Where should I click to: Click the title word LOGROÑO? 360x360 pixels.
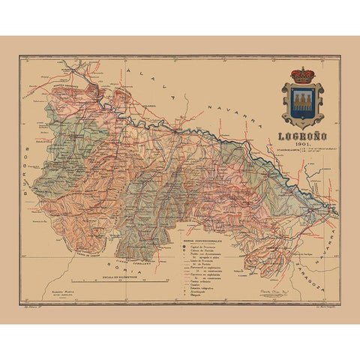click(x=301, y=137)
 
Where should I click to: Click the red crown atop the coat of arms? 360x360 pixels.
click(x=302, y=76)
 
